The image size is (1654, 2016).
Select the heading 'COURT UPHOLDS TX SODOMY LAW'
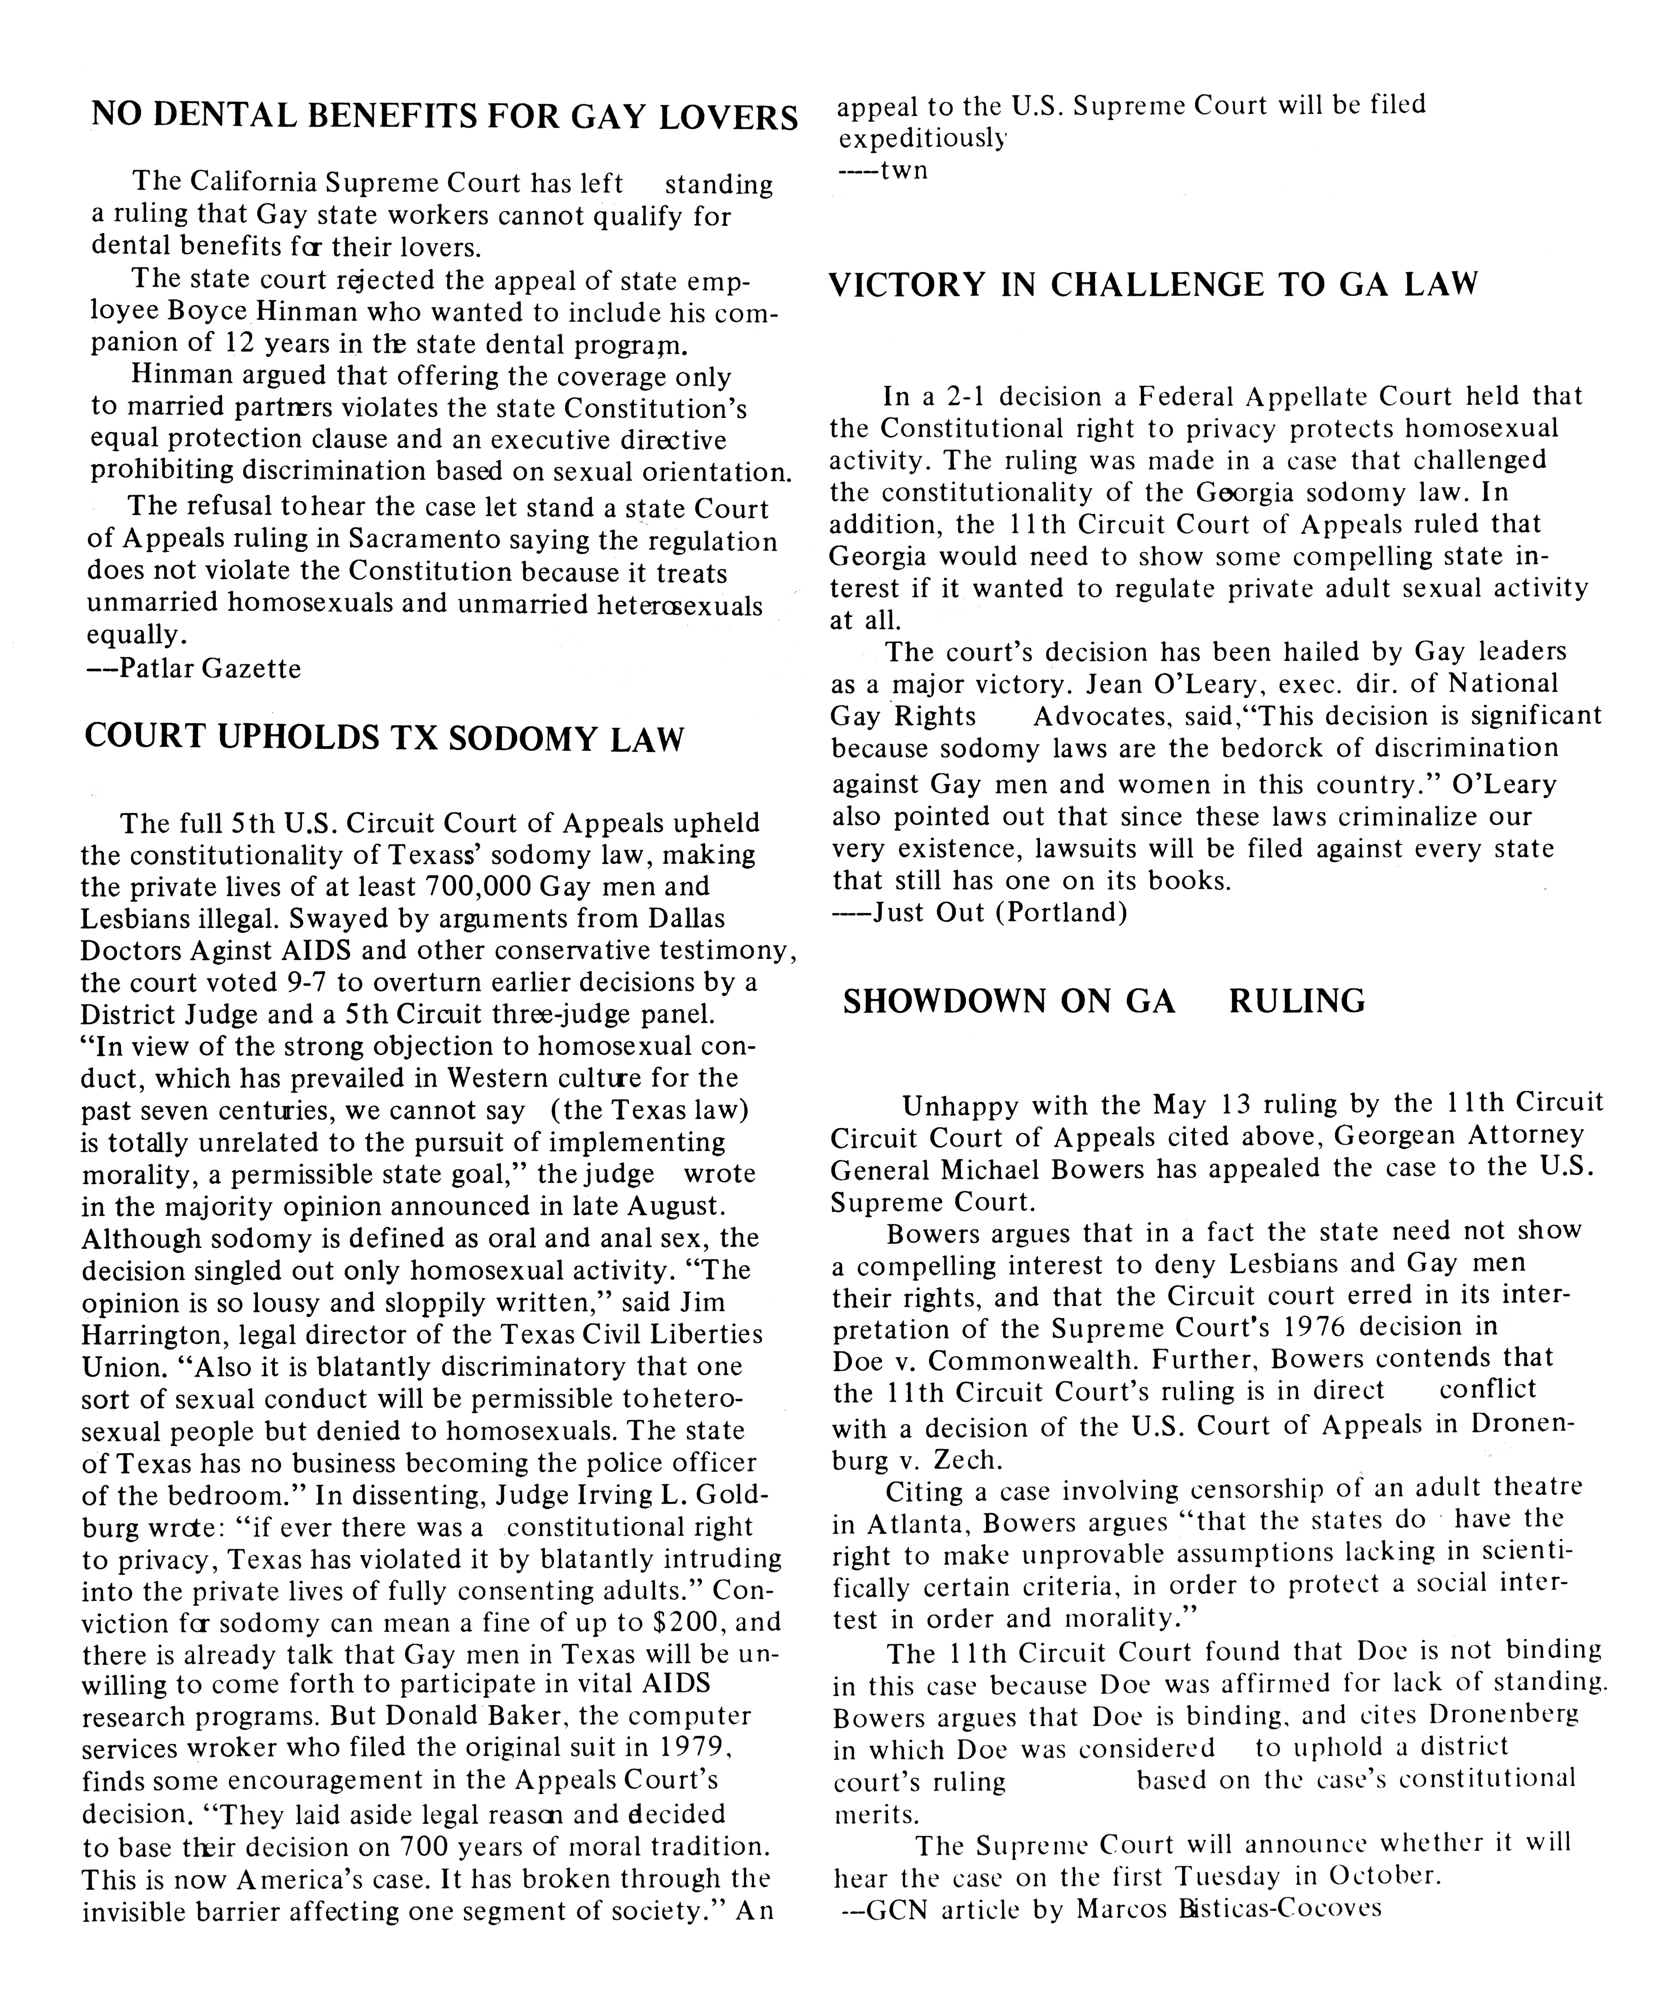(x=384, y=739)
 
